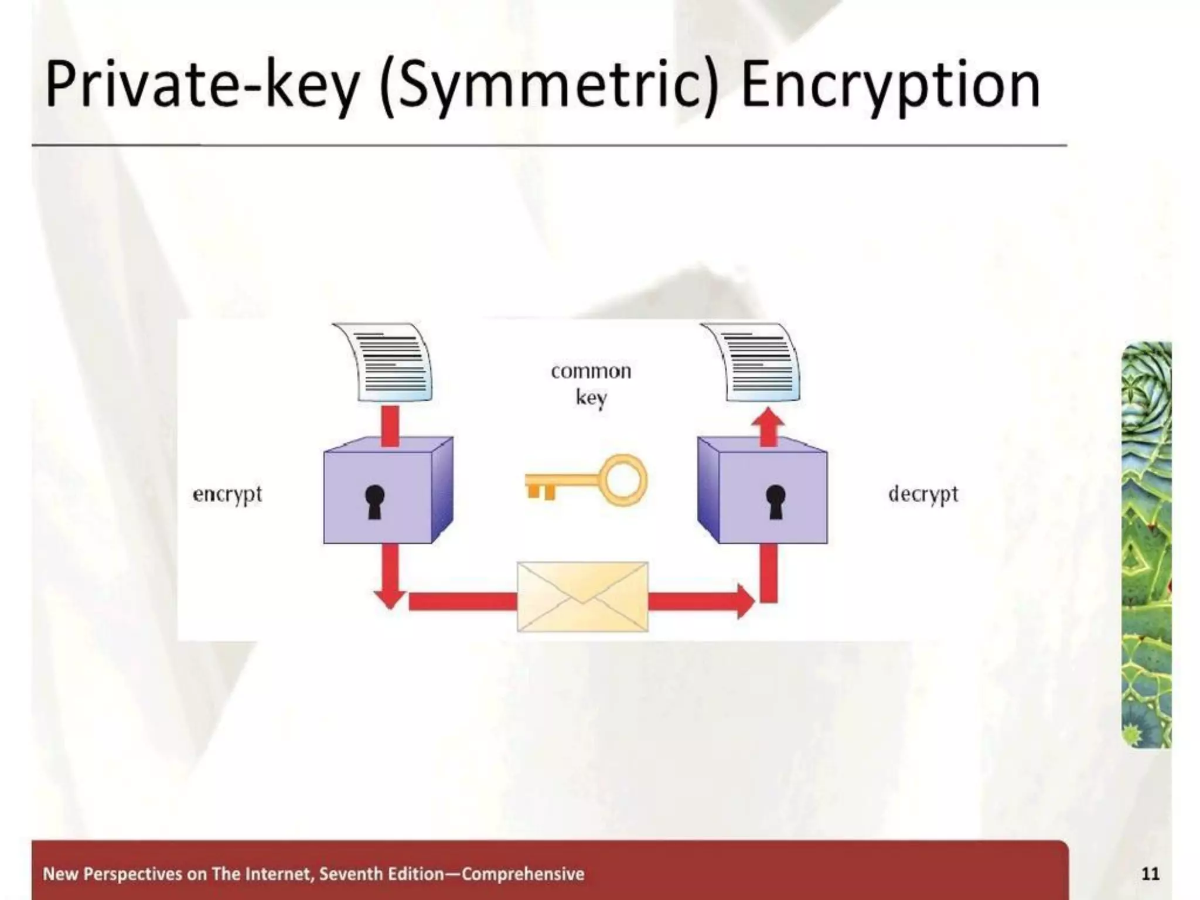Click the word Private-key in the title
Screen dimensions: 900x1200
[x=202, y=87]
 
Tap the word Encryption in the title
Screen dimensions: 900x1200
[x=889, y=87]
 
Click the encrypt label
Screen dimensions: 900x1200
[x=227, y=495]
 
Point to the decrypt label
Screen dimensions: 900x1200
[x=923, y=495]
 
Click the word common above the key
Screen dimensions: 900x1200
[x=591, y=371]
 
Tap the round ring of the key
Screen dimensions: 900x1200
[x=626, y=480]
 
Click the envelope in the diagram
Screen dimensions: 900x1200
[x=582, y=596]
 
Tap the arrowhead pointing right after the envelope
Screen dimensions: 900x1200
[x=745, y=601]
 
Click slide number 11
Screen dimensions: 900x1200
[x=1150, y=874]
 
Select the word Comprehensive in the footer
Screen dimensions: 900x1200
[x=523, y=874]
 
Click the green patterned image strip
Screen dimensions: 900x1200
[x=1146, y=545]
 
